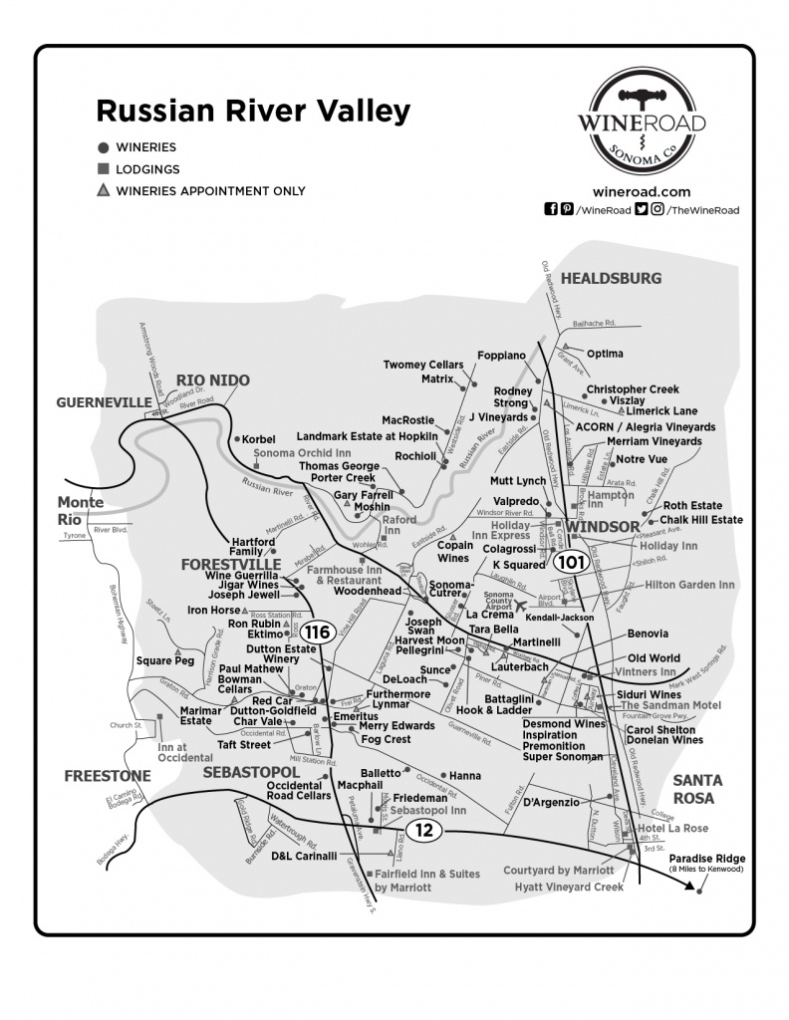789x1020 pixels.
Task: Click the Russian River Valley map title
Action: pos(252,111)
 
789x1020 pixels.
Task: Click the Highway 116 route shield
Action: pos(318,633)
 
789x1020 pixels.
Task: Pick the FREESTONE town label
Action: pos(108,775)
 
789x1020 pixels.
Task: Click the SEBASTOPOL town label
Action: pos(251,772)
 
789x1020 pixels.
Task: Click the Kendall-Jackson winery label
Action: pos(559,617)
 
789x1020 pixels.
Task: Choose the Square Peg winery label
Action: pos(165,659)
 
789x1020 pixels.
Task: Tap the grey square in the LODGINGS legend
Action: pos(103,169)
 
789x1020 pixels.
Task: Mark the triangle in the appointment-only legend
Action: pos(103,190)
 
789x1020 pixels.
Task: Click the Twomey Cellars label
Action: pos(423,366)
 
